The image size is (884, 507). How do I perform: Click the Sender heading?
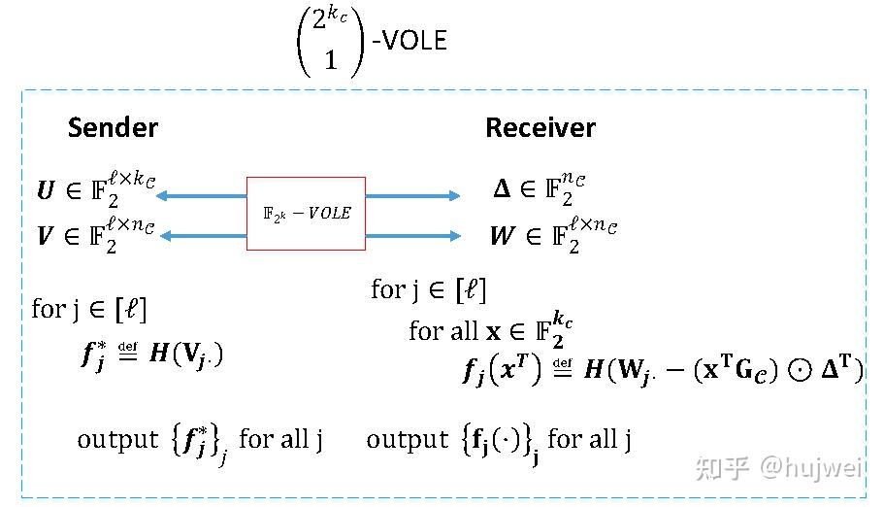click(x=113, y=128)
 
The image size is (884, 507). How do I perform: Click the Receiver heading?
click(x=540, y=128)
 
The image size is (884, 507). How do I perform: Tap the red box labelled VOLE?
click(x=307, y=214)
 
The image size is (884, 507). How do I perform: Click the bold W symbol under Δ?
click(x=503, y=236)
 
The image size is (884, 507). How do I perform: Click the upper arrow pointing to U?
click(x=201, y=196)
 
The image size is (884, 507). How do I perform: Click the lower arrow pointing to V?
click(x=201, y=235)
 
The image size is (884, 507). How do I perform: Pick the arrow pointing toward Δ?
click(x=412, y=196)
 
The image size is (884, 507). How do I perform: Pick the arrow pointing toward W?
click(x=412, y=235)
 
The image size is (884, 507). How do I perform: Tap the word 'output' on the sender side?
click(x=117, y=440)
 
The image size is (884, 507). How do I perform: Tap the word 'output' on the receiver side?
click(x=407, y=440)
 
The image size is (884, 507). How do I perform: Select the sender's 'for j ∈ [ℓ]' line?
click(x=88, y=310)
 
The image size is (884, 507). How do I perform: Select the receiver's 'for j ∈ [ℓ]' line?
click(x=428, y=289)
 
